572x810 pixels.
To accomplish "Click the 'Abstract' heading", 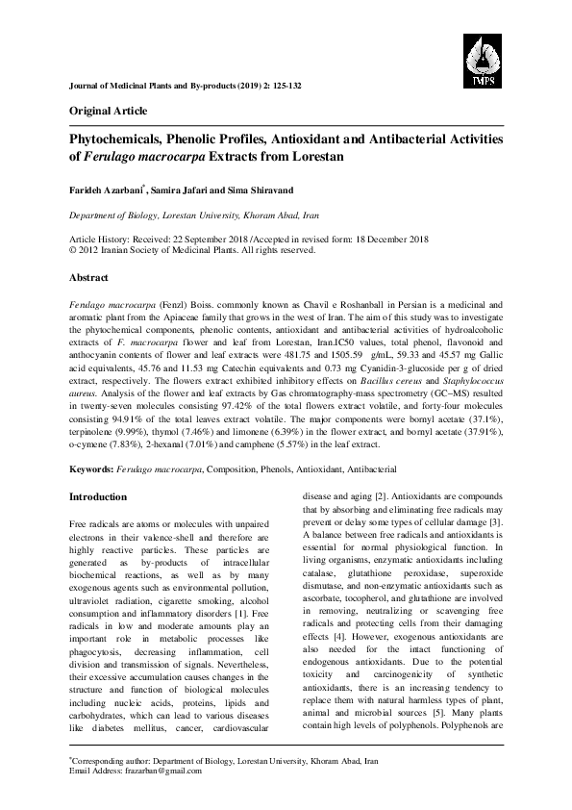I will coord(88,276).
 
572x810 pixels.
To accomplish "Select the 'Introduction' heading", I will coord(101,496).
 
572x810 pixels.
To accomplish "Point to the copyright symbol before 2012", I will coord(74,248).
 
